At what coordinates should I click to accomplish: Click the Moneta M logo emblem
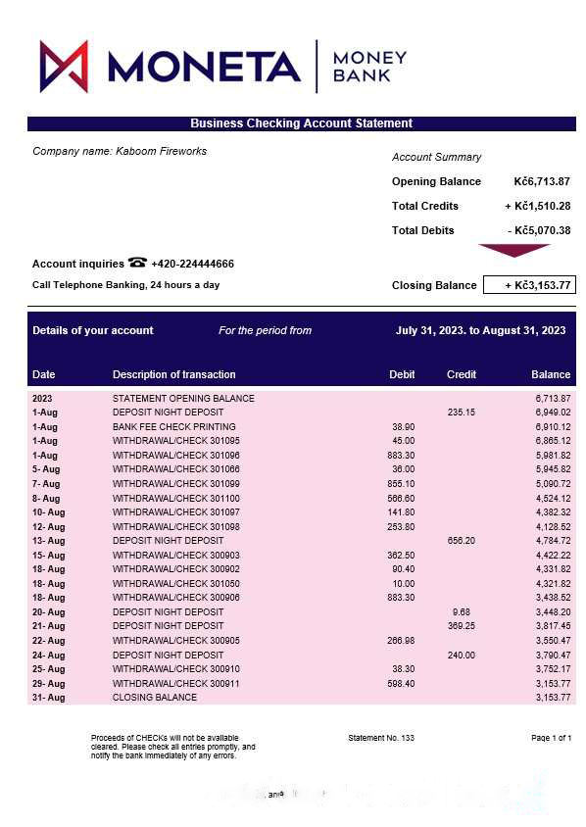[x=64, y=67]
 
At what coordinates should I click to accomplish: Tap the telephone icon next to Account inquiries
[x=137, y=263]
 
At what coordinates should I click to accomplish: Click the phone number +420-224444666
[x=192, y=264]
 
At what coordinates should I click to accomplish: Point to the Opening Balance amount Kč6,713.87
[x=542, y=181]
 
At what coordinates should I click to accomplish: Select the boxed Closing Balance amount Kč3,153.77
[x=529, y=285]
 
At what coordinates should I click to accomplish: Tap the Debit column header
[x=402, y=374]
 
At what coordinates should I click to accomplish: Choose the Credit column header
[x=462, y=374]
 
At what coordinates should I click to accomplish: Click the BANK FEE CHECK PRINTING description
[x=173, y=427]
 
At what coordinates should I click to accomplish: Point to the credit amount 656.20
[x=462, y=540]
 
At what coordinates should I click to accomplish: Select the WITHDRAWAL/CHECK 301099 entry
[x=175, y=484]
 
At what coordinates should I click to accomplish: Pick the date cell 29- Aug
[x=48, y=683]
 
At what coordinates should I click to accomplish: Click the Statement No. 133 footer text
[x=381, y=738]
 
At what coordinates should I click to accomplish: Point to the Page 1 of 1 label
[x=551, y=738]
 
